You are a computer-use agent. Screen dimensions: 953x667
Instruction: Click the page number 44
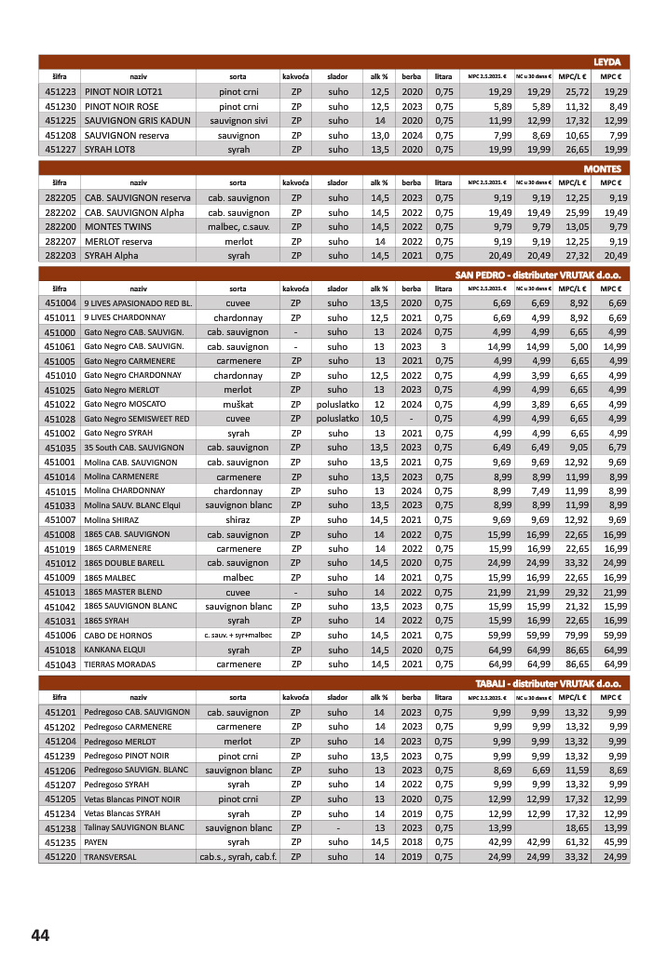pyautogui.click(x=40, y=934)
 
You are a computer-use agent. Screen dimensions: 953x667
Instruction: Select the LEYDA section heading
pyautogui.click(x=606, y=61)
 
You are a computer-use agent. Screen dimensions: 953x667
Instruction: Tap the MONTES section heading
pyautogui.click(x=602, y=168)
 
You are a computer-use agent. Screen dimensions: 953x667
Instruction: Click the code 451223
pyautogui.click(x=60, y=92)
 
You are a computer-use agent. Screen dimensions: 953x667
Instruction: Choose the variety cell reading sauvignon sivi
pyautogui.click(x=238, y=121)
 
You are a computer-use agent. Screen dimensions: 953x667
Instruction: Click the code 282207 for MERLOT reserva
pyautogui.click(x=60, y=241)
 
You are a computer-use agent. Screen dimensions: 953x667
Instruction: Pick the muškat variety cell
pyautogui.click(x=238, y=404)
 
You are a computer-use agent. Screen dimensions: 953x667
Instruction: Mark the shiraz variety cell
pyautogui.click(x=238, y=519)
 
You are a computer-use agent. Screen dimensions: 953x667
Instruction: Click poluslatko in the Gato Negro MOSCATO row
pyautogui.click(x=337, y=404)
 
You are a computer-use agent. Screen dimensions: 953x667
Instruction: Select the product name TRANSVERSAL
pyautogui.click(x=110, y=856)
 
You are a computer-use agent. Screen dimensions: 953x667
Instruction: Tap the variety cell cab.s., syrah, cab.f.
pyautogui.click(x=238, y=856)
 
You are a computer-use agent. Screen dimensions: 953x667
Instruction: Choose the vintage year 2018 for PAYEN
pyautogui.click(x=412, y=841)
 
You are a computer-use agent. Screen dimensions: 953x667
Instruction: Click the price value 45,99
pyautogui.click(x=614, y=841)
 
